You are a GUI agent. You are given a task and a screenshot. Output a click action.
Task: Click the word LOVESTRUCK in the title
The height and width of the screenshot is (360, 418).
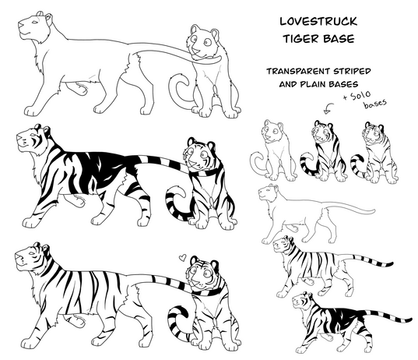pyautogui.click(x=318, y=21)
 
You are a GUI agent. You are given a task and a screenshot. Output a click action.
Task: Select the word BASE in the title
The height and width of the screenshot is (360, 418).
pyautogui.click(x=339, y=39)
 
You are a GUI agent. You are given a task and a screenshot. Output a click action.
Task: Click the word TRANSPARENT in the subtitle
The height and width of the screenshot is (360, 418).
pyautogui.click(x=295, y=71)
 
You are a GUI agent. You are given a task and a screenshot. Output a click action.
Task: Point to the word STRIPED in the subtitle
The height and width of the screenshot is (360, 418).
pyautogui.click(x=349, y=71)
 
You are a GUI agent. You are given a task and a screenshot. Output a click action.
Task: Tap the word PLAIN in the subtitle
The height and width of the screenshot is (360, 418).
pyautogui.click(x=313, y=84)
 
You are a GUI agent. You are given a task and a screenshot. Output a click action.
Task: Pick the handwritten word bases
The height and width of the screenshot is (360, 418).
pyautogui.click(x=375, y=104)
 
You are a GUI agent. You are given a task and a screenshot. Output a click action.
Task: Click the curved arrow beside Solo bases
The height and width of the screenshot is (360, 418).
pyautogui.click(x=329, y=108)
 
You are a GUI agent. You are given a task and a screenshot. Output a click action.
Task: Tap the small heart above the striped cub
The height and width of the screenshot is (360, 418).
pyautogui.click(x=182, y=257)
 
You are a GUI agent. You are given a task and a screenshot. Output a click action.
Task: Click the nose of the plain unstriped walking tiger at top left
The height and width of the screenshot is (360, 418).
pyautogui.click(x=20, y=24)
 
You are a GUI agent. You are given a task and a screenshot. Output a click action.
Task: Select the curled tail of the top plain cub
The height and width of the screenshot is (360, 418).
pyautogui.click(x=179, y=90)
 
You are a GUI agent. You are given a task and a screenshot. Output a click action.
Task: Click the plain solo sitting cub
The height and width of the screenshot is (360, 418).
pyautogui.click(x=274, y=151)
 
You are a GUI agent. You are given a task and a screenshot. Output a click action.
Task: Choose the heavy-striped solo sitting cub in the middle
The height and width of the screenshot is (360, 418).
pyautogui.click(x=324, y=151)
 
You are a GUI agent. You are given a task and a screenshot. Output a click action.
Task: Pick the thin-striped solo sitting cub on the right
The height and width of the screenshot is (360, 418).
pyautogui.click(x=374, y=153)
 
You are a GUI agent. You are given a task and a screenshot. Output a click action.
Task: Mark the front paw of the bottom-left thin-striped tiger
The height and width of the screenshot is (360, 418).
pyautogui.click(x=28, y=343)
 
